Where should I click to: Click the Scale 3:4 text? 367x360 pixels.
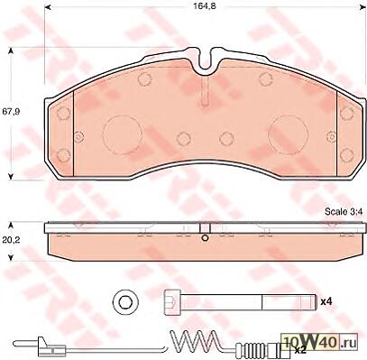(344, 211)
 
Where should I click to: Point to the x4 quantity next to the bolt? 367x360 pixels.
(326, 301)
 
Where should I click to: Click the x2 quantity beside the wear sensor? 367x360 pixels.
(300, 349)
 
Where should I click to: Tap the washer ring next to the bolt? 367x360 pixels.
(125, 301)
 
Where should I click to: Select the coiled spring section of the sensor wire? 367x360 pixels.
(194, 341)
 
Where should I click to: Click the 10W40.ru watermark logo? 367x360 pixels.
(319, 342)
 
